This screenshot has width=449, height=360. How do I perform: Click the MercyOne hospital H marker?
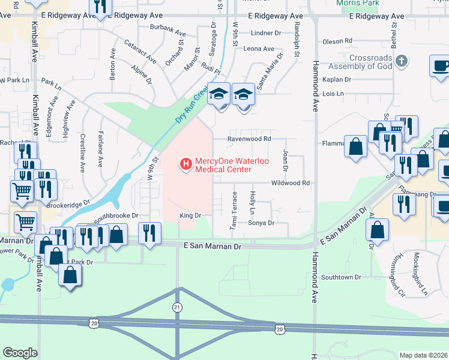185,163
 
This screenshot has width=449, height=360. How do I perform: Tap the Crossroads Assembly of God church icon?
402,61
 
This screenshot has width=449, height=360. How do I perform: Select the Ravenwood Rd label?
249,139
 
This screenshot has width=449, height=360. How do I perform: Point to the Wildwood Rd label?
291,183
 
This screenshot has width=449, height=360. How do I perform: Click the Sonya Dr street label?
261,223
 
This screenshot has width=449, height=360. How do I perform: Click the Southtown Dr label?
341,277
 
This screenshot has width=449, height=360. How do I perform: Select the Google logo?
20,353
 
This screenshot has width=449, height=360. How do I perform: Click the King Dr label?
188,215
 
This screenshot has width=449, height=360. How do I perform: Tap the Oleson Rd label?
337,41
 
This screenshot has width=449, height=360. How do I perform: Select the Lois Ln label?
333,94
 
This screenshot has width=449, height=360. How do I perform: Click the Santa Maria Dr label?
270,71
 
